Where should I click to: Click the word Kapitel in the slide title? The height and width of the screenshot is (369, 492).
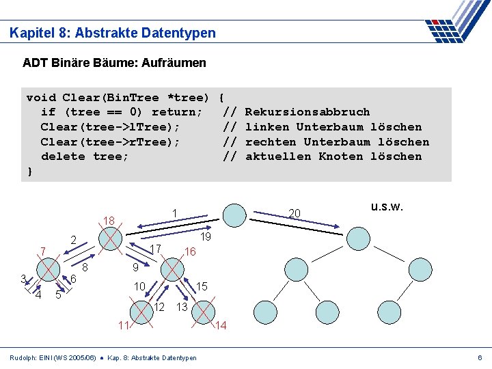coord(31,33)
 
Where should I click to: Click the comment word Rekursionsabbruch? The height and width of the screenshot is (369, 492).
coord(307,112)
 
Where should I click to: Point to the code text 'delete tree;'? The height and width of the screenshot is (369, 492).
coord(85,156)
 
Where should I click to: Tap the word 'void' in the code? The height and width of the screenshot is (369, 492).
coord(41,97)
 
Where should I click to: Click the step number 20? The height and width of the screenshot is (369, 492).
coord(295,214)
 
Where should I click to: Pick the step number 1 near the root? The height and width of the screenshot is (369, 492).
coord(175,213)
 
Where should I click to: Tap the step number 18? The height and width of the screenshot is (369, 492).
coord(108,221)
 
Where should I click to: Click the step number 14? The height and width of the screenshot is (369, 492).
coord(221,326)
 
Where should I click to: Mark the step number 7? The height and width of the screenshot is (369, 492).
coord(42,252)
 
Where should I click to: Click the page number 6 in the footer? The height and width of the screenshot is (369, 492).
coord(480,358)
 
